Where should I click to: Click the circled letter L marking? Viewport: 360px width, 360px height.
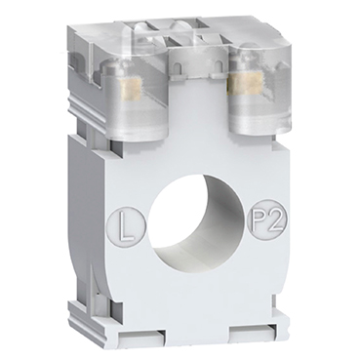pyautogui.click(x=123, y=226)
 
